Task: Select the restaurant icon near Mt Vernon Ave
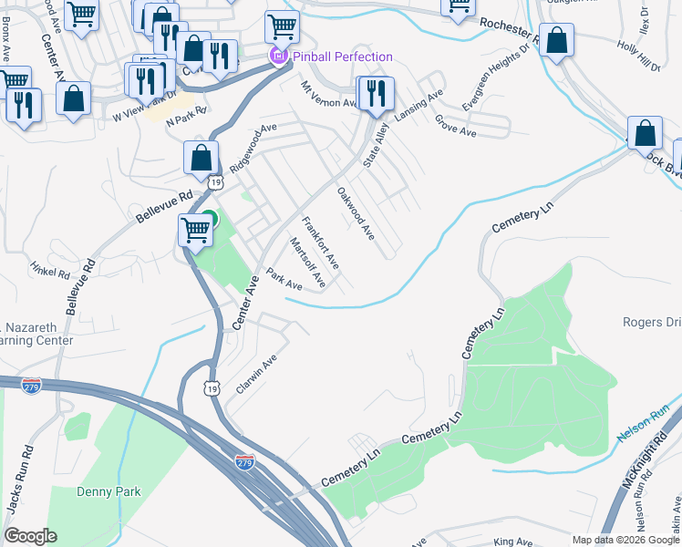point(375,93)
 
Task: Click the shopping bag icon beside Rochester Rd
point(556,41)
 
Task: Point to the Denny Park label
point(109,491)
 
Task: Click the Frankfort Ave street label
point(321,243)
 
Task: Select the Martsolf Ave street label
point(307,263)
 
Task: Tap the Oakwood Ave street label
point(356,213)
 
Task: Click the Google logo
point(30,537)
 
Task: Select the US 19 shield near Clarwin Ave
point(212,388)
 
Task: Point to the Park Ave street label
point(284,279)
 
